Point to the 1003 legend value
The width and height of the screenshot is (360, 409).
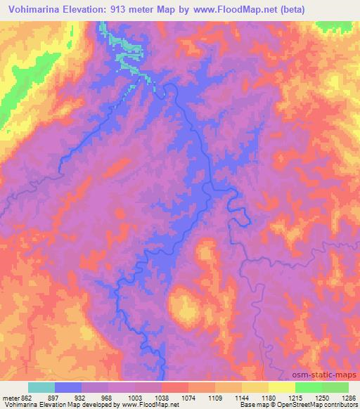[x=134, y=396]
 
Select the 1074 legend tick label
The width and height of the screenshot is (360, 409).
[x=188, y=396]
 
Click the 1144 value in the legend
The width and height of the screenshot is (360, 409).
[x=242, y=396]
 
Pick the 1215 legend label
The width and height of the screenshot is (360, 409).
[x=295, y=396]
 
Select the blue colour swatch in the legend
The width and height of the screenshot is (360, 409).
[x=67, y=387]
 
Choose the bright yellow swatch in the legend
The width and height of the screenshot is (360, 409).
[x=281, y=387]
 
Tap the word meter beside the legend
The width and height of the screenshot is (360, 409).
[x=12, y=396]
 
